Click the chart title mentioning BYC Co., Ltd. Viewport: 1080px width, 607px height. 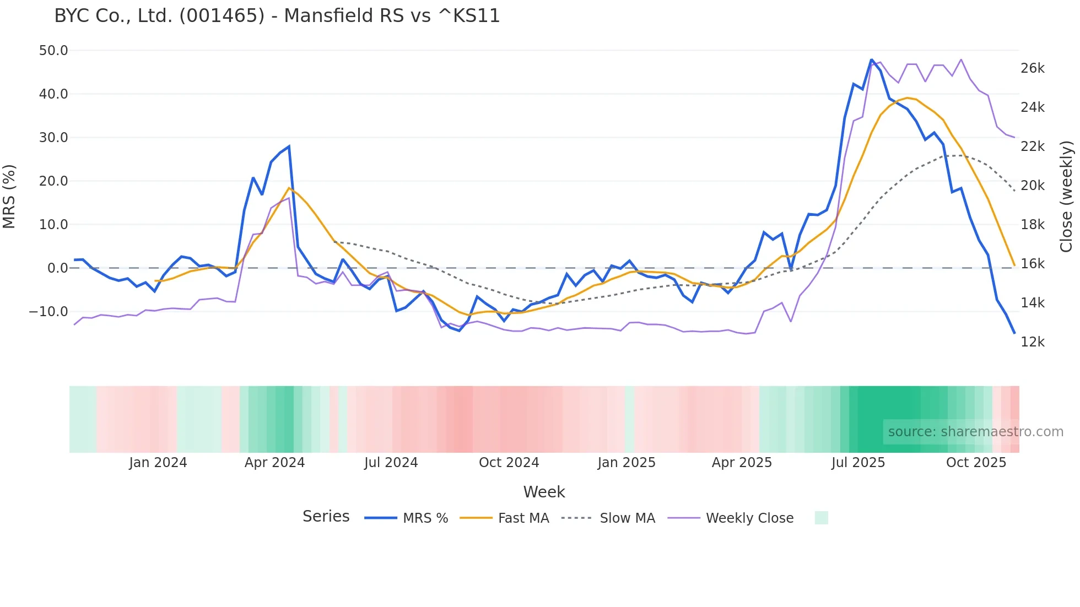[277, 16]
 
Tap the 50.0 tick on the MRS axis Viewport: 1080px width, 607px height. [53, 51]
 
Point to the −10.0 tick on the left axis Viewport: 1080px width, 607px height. [48, 312]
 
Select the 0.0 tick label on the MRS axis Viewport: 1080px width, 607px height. [57, 268]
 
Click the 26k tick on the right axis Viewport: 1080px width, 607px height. [1032, 68]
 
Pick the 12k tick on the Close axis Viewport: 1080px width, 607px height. [1032, 342]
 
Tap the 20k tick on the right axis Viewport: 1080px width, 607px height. [1032, 186]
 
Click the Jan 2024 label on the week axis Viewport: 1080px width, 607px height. [158, 463]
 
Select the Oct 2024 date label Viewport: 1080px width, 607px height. [509, 463]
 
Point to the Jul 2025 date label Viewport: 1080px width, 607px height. [858, 463]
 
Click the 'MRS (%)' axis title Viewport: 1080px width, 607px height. [9, 196]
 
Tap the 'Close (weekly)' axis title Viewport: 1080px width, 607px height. [1066, 196]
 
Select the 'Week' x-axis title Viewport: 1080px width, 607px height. [544, 492]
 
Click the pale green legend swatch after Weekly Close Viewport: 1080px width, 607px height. [821, 518]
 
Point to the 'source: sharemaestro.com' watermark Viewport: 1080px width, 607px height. [975, 432]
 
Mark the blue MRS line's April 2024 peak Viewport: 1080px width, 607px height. [289, 147]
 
